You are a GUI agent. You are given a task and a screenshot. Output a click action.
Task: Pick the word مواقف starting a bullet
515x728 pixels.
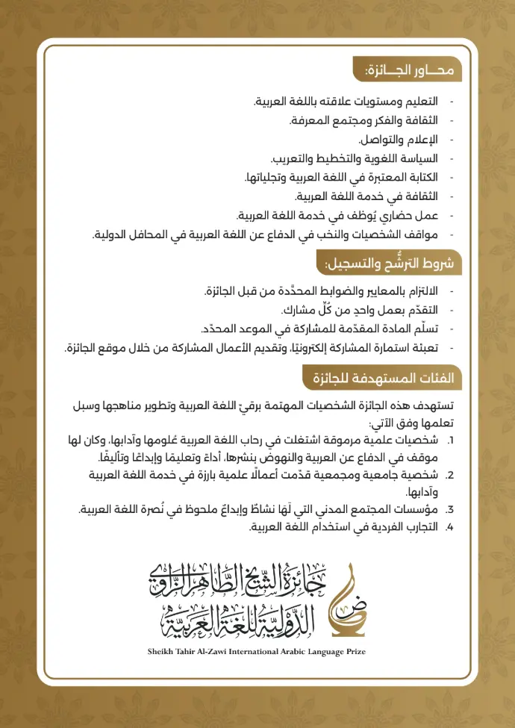pos(420,235)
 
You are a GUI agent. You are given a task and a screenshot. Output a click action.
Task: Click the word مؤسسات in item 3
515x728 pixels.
pos(419,511)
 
